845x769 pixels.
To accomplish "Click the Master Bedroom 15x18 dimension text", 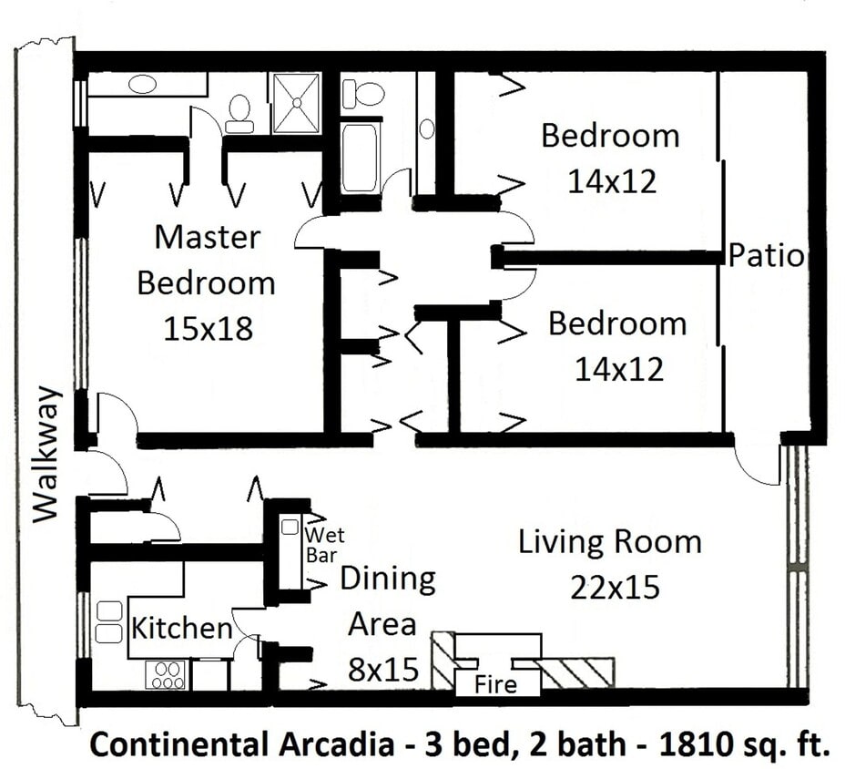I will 207,329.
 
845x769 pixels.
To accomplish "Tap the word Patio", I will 766,256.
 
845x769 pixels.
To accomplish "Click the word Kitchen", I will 182,628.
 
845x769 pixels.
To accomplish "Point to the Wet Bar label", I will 324,544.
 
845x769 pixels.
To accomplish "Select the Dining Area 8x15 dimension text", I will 382,672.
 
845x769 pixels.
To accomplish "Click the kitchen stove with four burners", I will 165,674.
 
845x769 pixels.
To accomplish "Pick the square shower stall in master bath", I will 296,103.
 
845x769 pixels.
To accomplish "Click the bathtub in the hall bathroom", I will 360,158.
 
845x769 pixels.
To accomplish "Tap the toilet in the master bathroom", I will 239,109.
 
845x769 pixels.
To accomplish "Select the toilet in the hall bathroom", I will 367,93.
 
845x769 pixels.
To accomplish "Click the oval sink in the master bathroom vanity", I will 142,85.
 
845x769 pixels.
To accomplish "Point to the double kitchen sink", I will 109,621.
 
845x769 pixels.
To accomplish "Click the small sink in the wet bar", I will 290,527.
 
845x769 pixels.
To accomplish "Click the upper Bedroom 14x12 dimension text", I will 611,181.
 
